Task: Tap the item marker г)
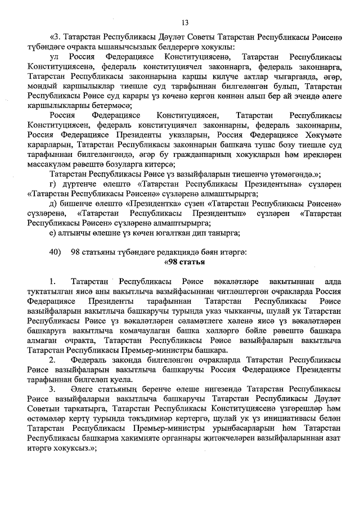(53, 183)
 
